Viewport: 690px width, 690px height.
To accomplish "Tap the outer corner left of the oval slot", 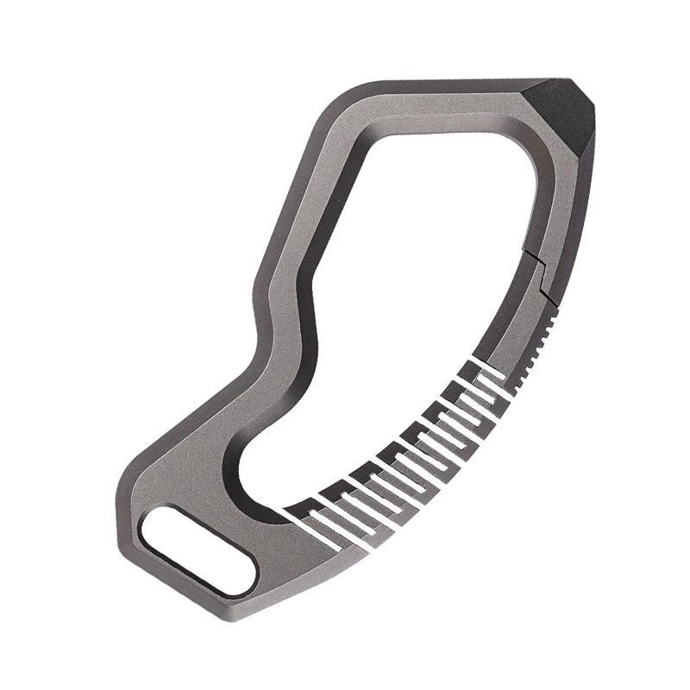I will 121,509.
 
